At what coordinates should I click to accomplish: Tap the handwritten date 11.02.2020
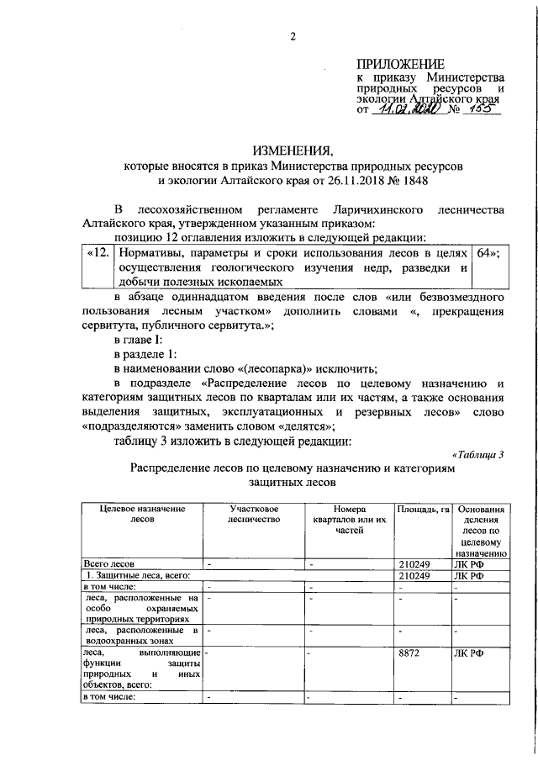(406, 108)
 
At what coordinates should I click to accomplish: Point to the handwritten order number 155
(482, 108)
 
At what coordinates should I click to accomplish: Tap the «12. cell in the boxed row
(98, 252)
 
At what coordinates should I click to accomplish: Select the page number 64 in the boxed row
(488, 252)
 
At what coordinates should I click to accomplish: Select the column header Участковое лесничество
(253, 514)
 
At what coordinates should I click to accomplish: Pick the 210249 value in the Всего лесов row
(416, 563)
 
